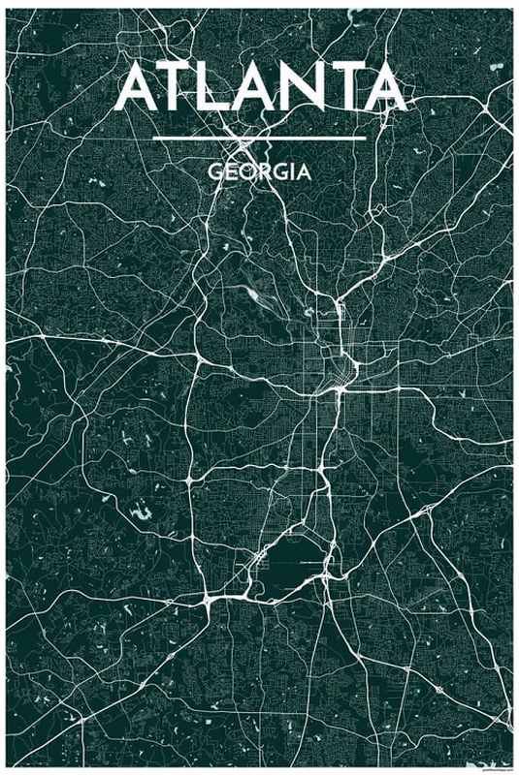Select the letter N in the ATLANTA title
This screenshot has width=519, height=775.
click(x=299, y=88)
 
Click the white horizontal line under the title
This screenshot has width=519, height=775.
click(x=259, y=138)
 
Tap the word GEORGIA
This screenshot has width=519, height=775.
click(x=259, y=172)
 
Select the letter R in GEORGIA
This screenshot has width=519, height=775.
click(x=264, y=172)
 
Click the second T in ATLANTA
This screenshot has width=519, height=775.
click(x=340, y=88)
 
